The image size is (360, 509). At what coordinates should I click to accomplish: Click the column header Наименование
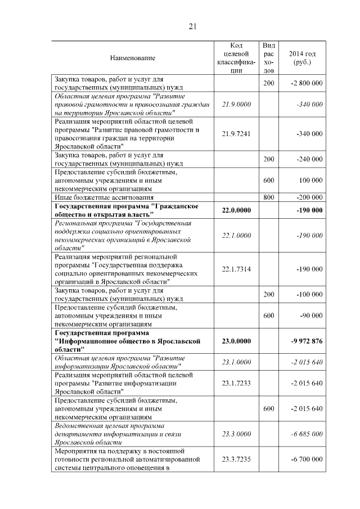pyautogui.click(x=133, y=57)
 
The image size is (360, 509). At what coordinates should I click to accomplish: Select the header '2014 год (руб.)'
pyautogui.click(x=302, y=57)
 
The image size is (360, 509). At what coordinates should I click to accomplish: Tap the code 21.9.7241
pyautogui.click(x=236, y=133)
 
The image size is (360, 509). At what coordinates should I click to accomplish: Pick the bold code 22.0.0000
pyautogui.click(x=236, y=210)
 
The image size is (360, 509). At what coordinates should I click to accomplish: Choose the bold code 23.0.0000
pyautogui.click(x=236, y=341)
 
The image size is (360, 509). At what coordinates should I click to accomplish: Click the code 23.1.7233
pyautogui.click(x=236, y=383)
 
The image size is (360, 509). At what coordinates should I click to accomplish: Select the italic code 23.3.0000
pyautogui.click(x=236, y=434)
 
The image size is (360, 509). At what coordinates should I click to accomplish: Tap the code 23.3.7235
pyautogui.click(x=236, y=460)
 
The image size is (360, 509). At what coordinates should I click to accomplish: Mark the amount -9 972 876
pyautogui.click(x=307, y=341)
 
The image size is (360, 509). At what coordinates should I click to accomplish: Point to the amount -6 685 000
pyautogui.click(x=307, y=434)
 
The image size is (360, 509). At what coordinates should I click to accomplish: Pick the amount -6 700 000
pyautogui.click(x=307, y=460)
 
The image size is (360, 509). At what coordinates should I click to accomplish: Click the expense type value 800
pyautogui.click(x=269, y=198)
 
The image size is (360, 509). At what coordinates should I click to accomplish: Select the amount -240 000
pyautogui.click(x=309, y=159)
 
